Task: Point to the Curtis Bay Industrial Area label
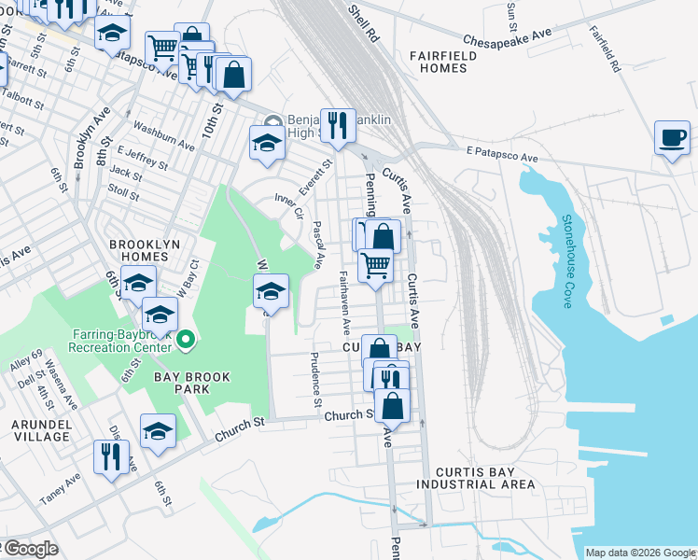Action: tap(476, 477)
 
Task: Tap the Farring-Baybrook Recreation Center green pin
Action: tap(186, 338)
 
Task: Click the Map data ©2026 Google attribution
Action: tap(639, 553)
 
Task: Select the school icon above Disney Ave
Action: tap(158, 430)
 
